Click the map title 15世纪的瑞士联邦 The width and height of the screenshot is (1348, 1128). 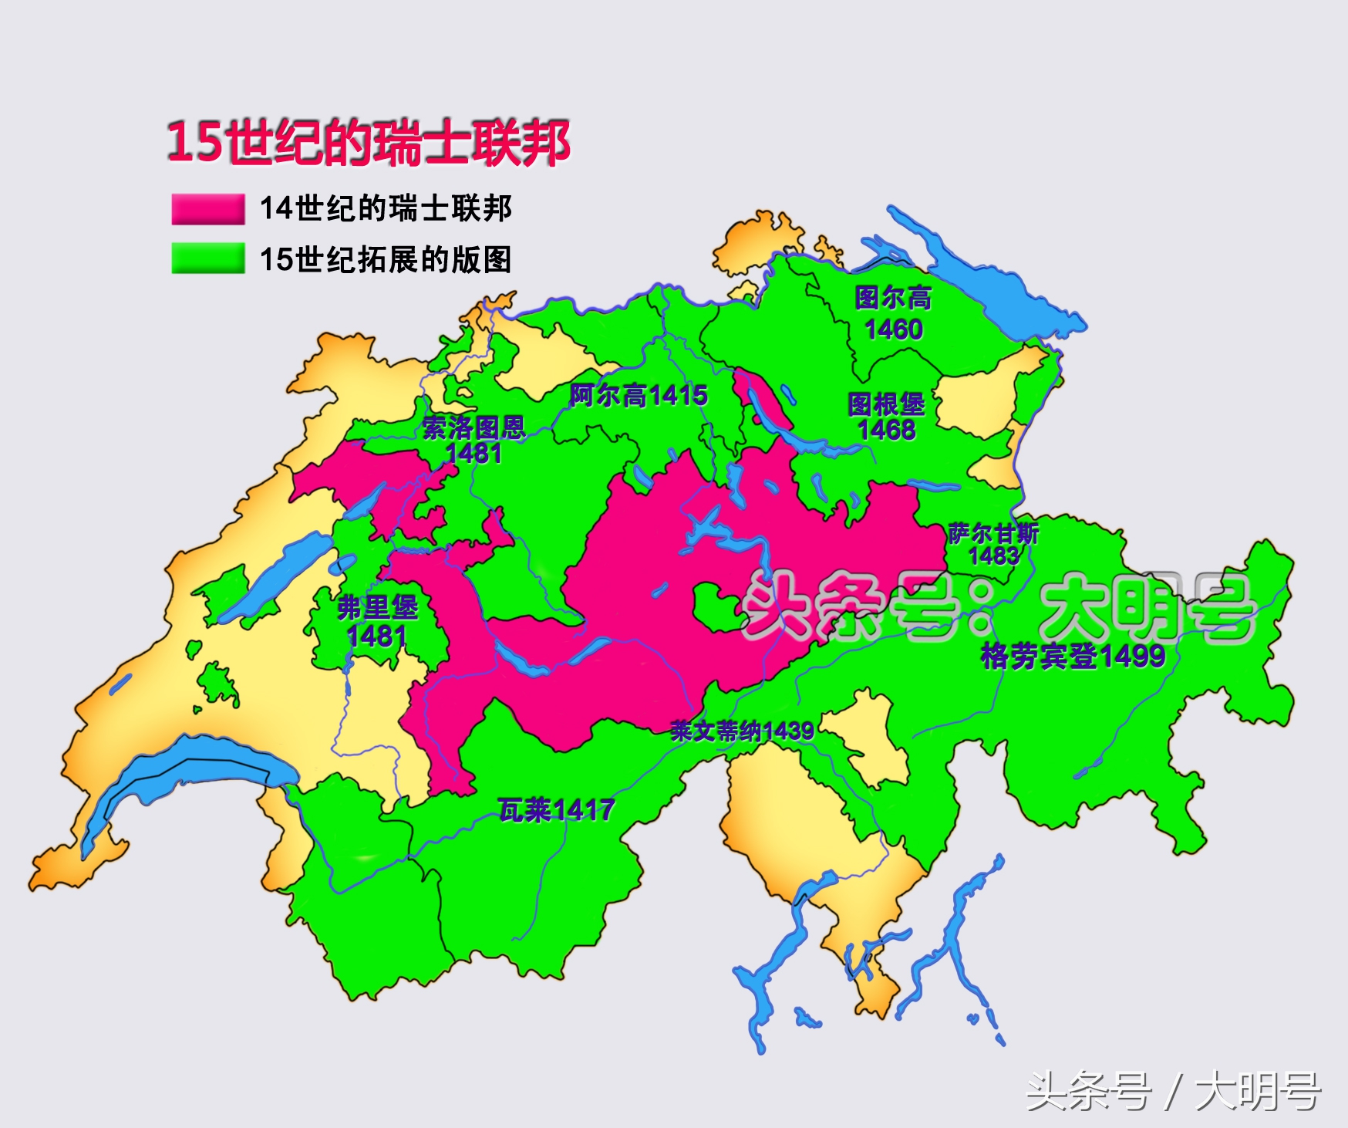click(369, 143)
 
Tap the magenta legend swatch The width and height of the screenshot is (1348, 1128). click(207, 209)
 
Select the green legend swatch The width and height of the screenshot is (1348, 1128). click(207, 258)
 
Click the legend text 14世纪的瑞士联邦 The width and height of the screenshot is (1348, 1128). click(386, 209)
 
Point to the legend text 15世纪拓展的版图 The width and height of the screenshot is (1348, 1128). click(386, 259)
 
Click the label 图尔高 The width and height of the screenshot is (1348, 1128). click(892, 299)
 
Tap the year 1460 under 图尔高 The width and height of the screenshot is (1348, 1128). click(893, 330)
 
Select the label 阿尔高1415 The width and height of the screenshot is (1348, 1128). click(639, 396)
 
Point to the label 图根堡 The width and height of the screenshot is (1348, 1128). click(886, 404)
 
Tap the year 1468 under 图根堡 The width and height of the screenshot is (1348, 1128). click(886, 430)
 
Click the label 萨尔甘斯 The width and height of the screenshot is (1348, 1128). click(993, 533)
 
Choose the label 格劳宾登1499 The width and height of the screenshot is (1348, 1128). click(1072, 657)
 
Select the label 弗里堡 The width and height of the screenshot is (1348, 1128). click(377, 608)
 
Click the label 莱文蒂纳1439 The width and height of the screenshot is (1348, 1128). click(741, 731)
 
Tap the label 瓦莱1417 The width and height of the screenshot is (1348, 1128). click(556, 810)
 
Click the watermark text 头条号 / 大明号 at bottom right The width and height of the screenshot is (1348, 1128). click(1173, 1092)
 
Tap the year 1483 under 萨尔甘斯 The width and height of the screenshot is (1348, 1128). click(993, 556)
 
